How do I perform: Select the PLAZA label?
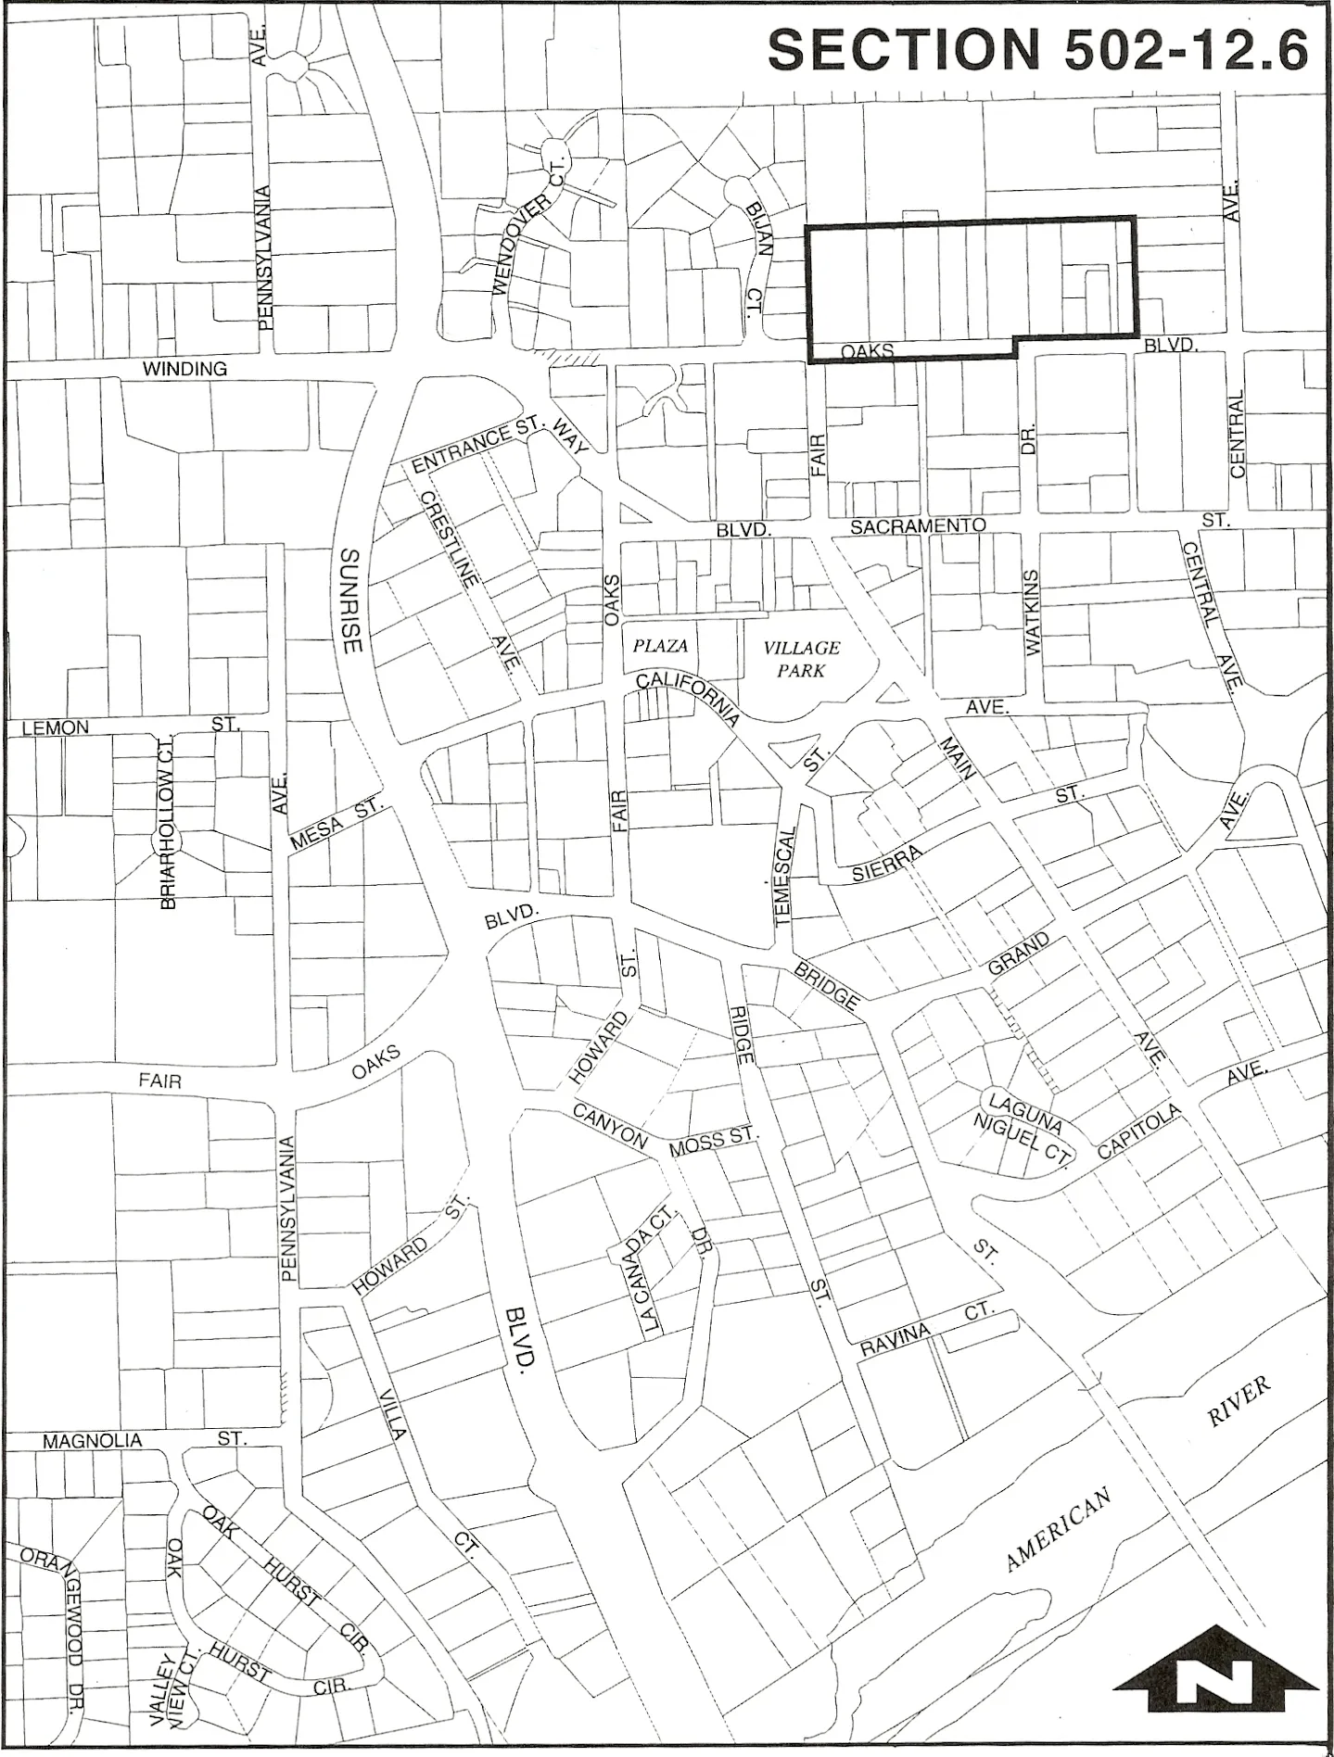click(660, 646)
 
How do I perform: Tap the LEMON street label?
click(56, 727)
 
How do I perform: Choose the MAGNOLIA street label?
click(93, 1441)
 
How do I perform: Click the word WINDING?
click(184, 369)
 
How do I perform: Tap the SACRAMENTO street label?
click(918, 525)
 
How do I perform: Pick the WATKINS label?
click(1034, 613)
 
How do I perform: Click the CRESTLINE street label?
click(451, 538)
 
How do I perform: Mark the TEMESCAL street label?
click(786, 875)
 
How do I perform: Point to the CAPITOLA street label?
click(1139, 1131)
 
